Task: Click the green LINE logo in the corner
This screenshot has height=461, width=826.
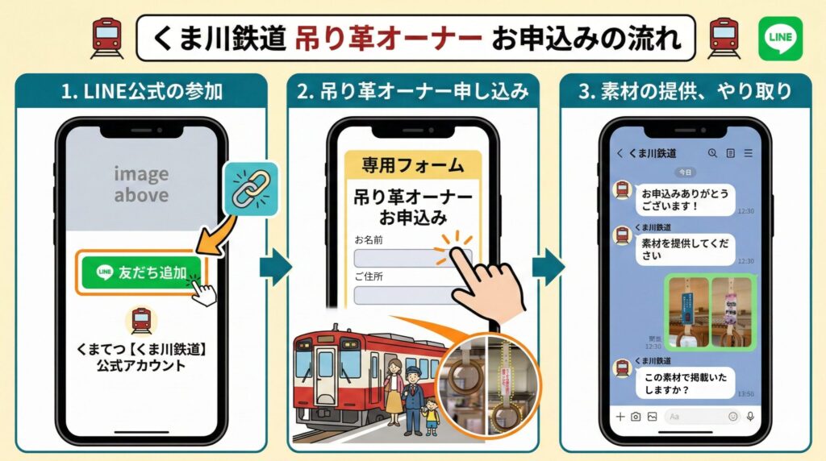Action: click(x=780, y=38)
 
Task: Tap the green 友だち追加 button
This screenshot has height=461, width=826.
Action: click(x=142, y=272)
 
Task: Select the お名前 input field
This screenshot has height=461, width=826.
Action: click(x=412, y=258)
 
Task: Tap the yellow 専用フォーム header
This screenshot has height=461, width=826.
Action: click(x=412, y=166)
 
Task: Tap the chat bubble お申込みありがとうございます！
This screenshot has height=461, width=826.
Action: click(x=686, y=199)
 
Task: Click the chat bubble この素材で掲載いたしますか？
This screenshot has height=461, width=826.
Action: click(x=686, y=383)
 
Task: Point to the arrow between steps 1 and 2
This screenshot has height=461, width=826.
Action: click(x=275, y=266)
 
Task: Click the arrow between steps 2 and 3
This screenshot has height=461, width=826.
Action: click(x=549, y=266)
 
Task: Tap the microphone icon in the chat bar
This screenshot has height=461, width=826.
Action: click(x=749, y=417)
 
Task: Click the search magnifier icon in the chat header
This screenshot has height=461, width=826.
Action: click(x=712, y=153)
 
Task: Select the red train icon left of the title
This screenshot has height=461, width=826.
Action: click(x=106, y=37)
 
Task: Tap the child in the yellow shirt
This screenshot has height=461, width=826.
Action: click(x=431, y=414)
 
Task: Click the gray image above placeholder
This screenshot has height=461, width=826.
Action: click(x=141, y=185)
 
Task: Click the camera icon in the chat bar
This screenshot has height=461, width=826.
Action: click(x=636, y=417)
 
